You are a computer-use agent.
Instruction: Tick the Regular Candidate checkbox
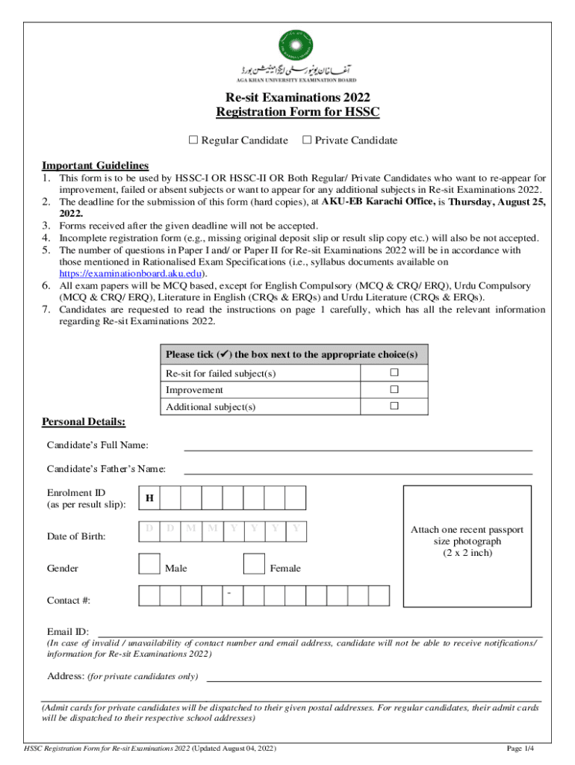coord(194,140)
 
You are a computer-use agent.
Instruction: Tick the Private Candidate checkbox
coord(306,140)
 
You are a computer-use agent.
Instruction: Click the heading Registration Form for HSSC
coord(298,112)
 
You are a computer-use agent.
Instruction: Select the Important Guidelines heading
coord(95,165)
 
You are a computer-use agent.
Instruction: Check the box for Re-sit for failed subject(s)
coord(394,373)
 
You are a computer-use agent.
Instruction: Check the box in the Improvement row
coord(394,389)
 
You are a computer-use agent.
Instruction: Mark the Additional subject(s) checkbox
coord(394,406)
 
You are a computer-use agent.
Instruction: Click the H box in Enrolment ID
coord(149,498)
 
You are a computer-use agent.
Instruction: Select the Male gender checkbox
coord(149,565)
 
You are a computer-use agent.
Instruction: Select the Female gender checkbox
coord(255,565)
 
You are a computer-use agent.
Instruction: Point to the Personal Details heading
coord(83,422)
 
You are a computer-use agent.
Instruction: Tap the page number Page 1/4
coord(520,748)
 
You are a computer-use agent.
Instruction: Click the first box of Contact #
coord(149,595)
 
